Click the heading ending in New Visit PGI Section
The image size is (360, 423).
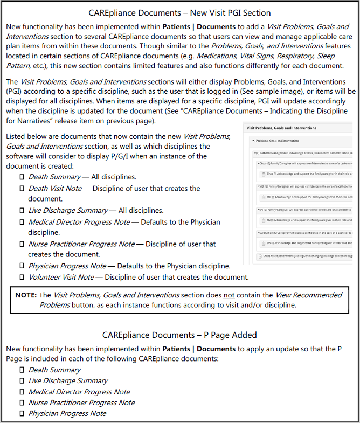click(179, 12)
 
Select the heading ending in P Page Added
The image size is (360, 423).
click(179, 335)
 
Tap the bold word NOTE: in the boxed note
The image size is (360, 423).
click(25, 295)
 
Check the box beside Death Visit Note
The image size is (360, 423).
click(22, 189)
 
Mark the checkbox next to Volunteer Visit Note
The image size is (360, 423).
click(22, 278)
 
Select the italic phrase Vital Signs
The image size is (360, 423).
click(261, 56)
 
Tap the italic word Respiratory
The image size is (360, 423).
click(305, 56)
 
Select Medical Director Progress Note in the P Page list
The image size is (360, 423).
click(79, 392)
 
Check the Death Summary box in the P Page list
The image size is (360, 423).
click(22, 370)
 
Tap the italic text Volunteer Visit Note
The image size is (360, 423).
click(61, 278)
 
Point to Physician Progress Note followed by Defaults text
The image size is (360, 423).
click(67, 266)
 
